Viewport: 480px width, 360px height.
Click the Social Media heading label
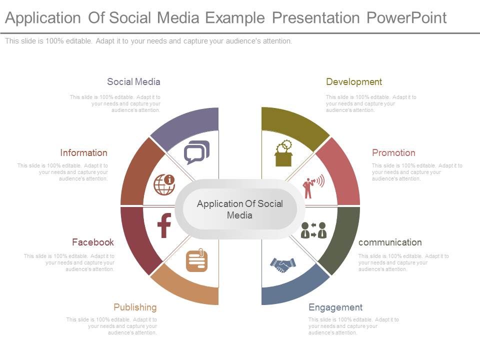coord(133,82)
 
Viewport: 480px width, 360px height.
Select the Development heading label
coord(353,82)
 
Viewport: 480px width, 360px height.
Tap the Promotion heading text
coord(393,153)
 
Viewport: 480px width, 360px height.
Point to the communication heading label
coord(390,242)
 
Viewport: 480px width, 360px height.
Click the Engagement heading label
coord(335,307)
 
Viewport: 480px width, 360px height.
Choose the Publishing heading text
coord(135,307)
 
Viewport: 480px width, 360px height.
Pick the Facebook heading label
coord(93,242)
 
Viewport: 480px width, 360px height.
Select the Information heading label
coord(84,153)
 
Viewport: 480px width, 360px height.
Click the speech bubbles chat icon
coord(197,152)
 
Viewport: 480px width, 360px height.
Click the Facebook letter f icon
coord(164,225)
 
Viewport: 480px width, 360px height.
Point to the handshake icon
coord(283,264)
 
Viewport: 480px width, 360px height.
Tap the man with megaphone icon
coord(313,186)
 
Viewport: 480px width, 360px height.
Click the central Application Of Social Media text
coord(240,209)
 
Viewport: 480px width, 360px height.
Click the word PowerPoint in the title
coord(406,18)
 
